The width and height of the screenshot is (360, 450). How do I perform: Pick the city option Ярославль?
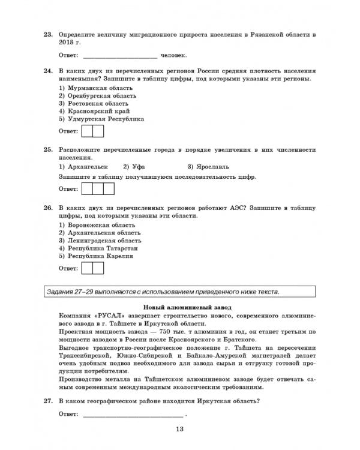(208, 166)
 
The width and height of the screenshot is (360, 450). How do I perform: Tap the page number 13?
(180, 428)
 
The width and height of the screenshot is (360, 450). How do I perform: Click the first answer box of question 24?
(86, 131)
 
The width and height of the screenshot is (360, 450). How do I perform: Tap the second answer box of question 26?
(98, 268)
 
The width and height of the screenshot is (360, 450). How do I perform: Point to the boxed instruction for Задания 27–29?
(179, 292)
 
